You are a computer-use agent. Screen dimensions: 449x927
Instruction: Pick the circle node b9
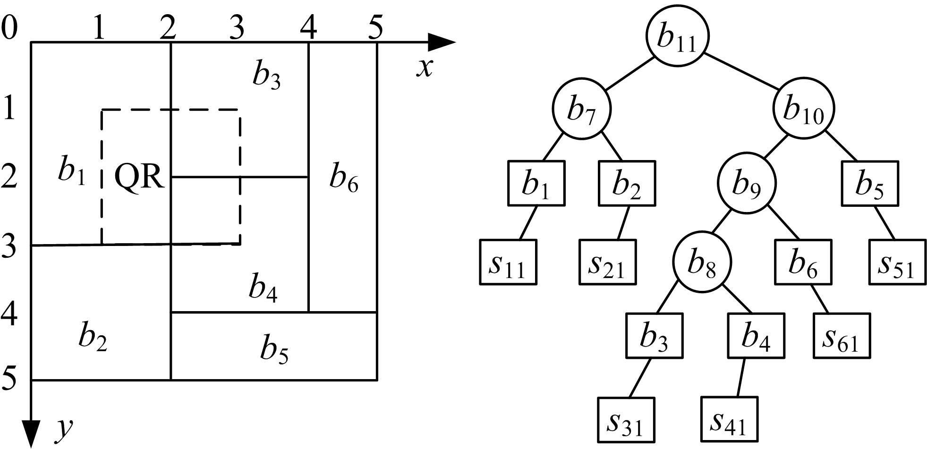click(747, 183)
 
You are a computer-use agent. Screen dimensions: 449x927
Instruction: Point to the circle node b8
click(702, 262)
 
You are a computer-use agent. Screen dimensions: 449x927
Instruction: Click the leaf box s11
click(508, 263)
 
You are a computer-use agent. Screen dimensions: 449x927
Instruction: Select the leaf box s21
click(608, 263)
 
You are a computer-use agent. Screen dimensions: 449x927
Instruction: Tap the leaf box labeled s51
click(897, 263)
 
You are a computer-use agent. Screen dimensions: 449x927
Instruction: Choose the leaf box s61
click(842, 336)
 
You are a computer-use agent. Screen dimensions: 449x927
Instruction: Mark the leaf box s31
click(626, 420)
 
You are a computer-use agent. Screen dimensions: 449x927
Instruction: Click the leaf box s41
click(729, 420)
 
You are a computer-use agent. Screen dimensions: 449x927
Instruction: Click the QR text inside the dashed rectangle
click(139, 178)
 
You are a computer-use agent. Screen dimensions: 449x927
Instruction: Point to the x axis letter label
click(425, 68)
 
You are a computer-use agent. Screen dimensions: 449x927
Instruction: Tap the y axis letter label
click(64, 429)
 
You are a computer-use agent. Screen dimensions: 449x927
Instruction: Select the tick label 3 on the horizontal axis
click(237, 27)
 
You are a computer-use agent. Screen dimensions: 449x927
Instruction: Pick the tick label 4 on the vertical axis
click(9, 313)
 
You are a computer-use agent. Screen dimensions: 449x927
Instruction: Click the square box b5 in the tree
click(869, 183)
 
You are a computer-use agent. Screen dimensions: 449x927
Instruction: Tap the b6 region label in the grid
click(343, 178)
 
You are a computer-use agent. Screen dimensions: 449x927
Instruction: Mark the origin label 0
click(9, 27)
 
